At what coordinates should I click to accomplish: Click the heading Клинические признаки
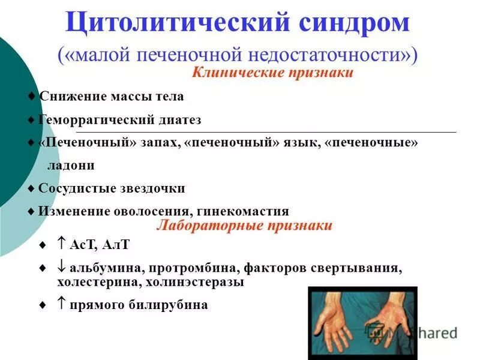pos(272,73)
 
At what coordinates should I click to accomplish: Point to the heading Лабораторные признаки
pos(244,226)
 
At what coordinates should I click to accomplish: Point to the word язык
pos(297,143)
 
